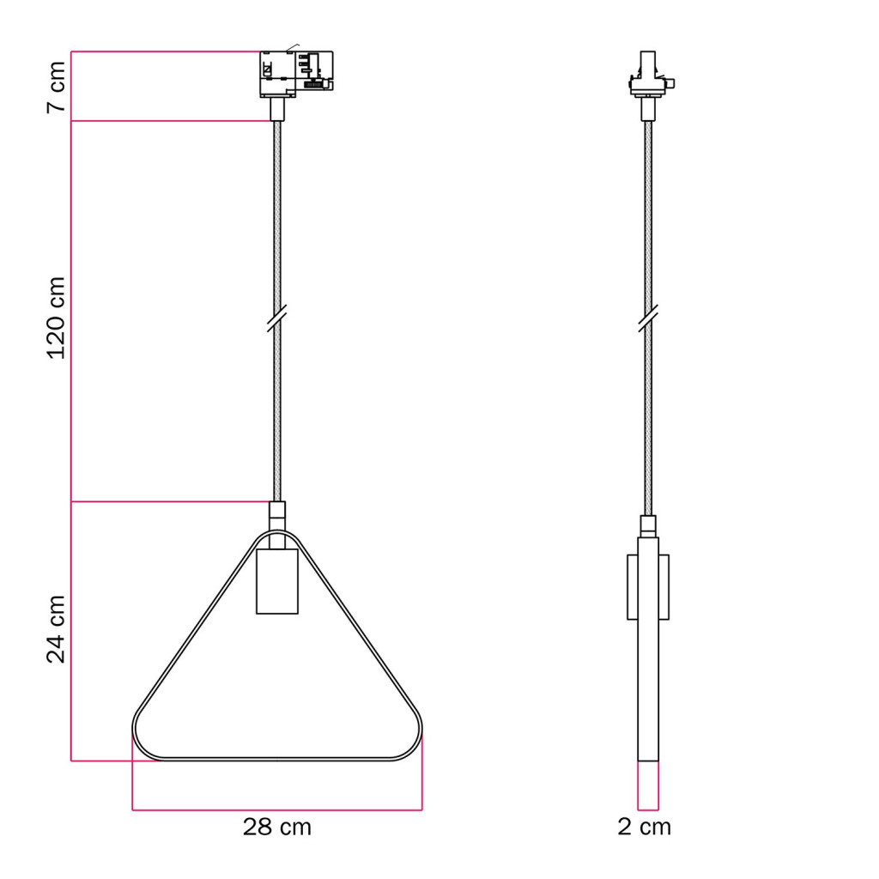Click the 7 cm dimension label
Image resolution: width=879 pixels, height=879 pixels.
[x=56, y=87]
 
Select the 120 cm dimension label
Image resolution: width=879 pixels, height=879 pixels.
[x=56, y=318]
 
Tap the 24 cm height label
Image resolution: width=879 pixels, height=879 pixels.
[x=56, y=629]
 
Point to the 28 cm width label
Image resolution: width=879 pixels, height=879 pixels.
[x=277, y=827]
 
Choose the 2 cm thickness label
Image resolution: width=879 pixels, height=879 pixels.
[x=644, y=827]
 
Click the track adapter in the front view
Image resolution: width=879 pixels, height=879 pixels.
[x=296, y=74]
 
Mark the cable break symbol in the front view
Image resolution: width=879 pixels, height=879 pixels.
[x=277, y=318]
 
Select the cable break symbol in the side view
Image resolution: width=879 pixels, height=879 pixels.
[x=648, y=318]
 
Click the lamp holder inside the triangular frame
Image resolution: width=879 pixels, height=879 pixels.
[x=277, y=581]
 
